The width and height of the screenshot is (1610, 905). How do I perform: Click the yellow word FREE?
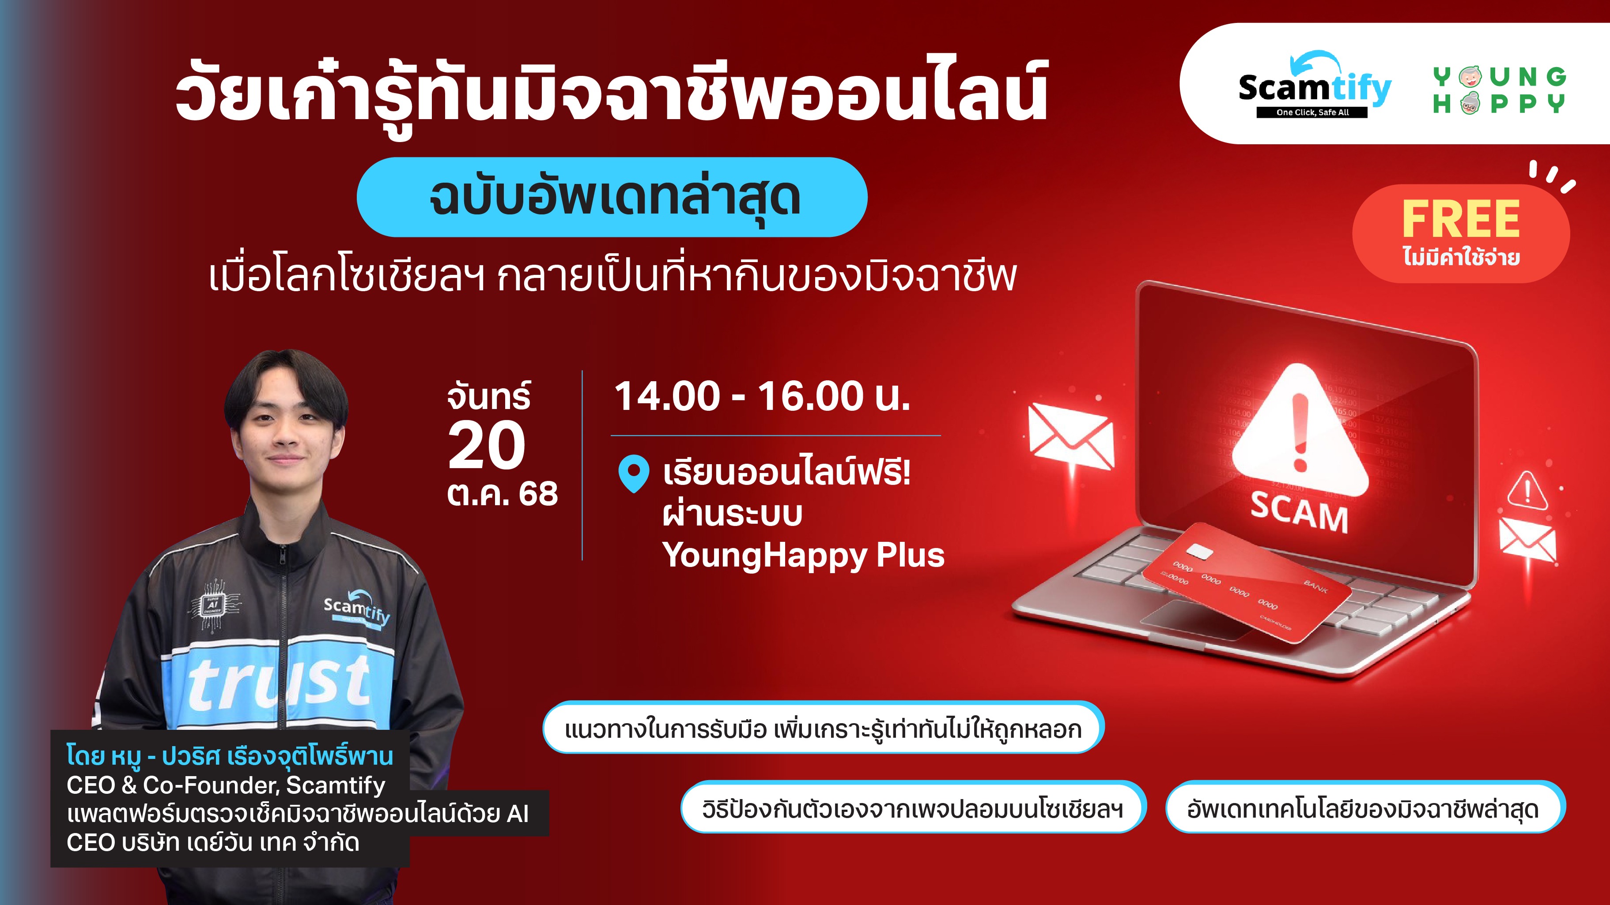coord(1461,219)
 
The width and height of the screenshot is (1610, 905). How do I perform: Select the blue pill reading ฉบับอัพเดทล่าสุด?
coord(612,197)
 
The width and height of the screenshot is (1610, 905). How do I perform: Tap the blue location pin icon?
coord(633,474)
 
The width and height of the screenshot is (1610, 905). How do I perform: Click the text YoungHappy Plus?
coord(803,555)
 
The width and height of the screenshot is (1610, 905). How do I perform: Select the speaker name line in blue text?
coord(230,756)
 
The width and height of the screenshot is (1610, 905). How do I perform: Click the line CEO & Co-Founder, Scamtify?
coord(226,785)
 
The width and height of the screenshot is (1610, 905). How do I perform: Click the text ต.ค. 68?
coord(503,494)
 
